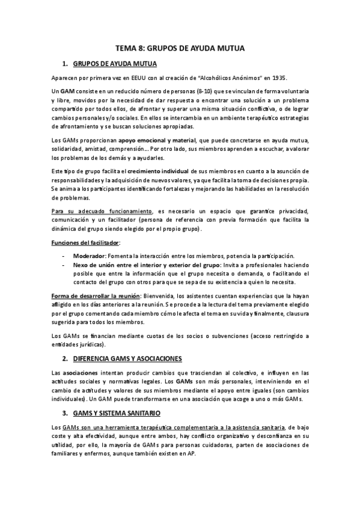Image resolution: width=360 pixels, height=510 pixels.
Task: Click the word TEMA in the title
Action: coord(126,48)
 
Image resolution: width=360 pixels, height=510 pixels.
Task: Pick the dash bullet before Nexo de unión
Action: coord(64,265)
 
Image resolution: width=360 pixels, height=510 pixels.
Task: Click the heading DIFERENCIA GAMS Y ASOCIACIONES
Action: coord(127,358)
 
